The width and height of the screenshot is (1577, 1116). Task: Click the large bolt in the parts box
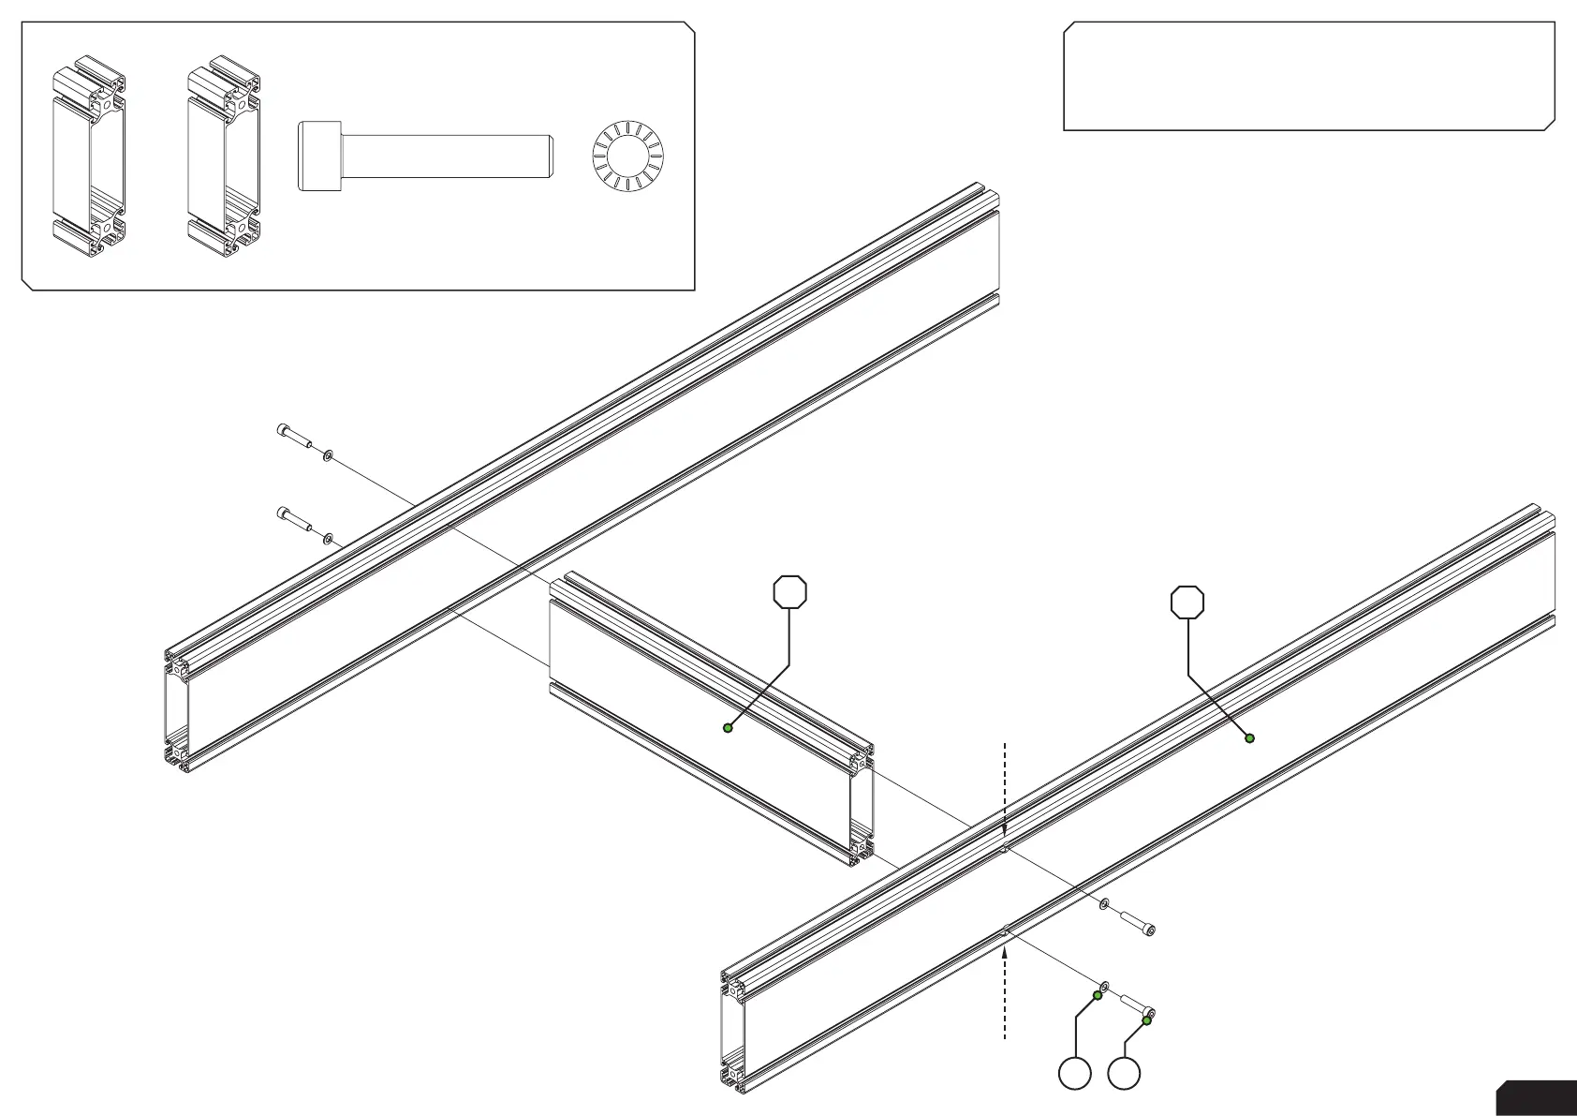tap(426, 156)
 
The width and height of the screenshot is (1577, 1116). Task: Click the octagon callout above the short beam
tap(790, 592)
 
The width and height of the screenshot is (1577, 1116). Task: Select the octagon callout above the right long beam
tap(1187, 603)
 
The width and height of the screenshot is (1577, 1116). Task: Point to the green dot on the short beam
tap(728, 727)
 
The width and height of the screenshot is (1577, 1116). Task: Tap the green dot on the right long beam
tap(1249, 738)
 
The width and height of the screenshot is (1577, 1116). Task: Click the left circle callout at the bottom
tap(1075, 1074)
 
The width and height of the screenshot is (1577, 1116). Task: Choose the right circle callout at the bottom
tap(1124, 1074)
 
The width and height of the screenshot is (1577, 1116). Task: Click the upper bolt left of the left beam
tap(295, 437)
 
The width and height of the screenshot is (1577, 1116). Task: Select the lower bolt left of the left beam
tap(295, 520)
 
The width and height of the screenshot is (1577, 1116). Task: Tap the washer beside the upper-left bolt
tap(328, 455)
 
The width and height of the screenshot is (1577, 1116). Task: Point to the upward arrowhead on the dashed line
tap(1004, 950)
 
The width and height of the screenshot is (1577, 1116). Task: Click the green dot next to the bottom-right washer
tap(1098, 995)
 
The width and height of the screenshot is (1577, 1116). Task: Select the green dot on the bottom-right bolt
tap(1146, 1020)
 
